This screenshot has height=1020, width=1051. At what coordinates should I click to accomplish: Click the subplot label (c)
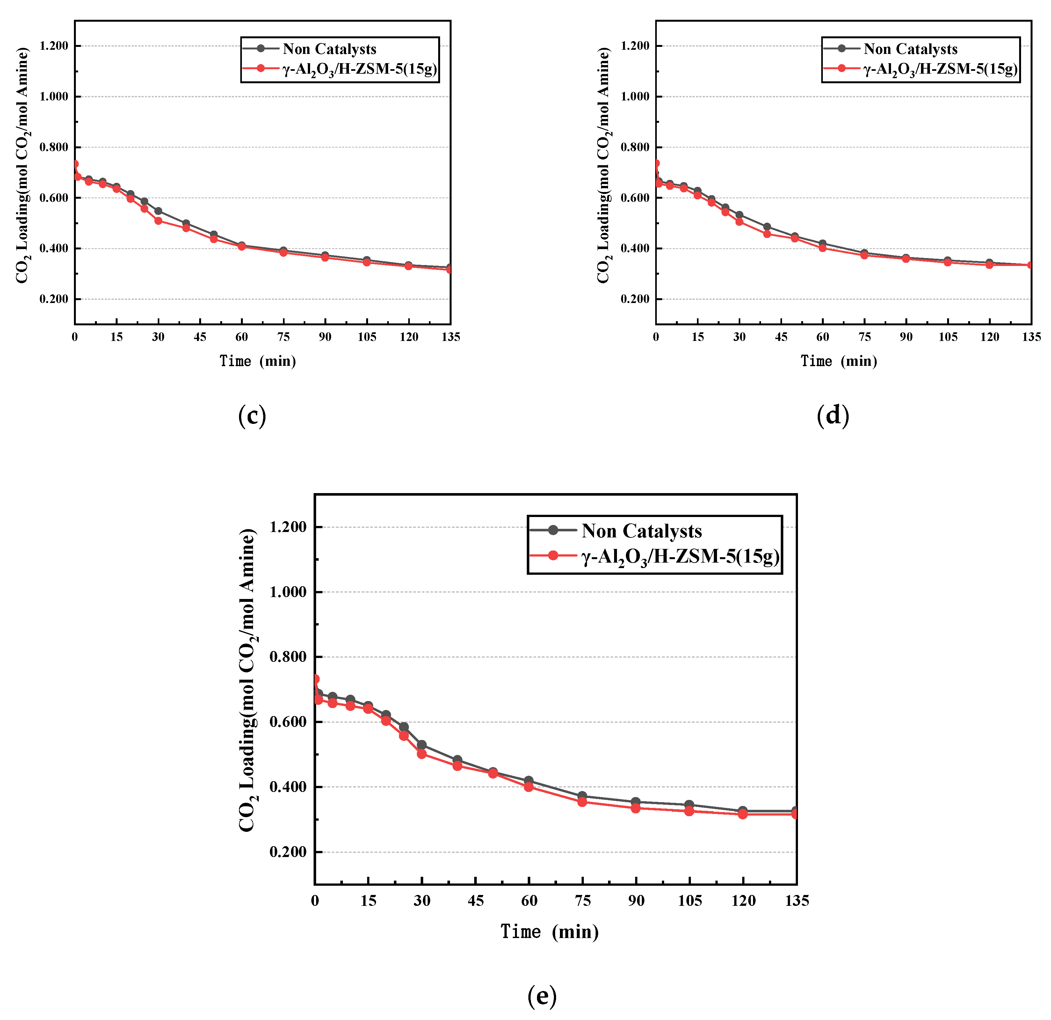tap(252, 416)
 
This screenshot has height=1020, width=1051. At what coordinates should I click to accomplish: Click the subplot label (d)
tap(833, 416)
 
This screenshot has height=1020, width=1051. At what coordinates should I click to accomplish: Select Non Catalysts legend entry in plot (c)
tap(329, 49)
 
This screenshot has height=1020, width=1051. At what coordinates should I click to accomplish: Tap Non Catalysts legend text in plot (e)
tap(641, 531)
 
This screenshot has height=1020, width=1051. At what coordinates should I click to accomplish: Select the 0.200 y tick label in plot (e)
tap(288, 852)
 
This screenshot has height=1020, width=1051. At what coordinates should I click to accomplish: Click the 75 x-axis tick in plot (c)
tap(283, 337)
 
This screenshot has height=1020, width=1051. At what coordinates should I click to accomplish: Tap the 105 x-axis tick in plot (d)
tap(947, 337)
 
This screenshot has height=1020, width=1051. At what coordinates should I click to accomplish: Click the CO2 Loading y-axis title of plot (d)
tap(604, 165)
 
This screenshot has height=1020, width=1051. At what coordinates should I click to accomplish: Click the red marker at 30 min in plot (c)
tap(158, 220)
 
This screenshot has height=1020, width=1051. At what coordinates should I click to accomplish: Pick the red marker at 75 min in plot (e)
tap(582, 802)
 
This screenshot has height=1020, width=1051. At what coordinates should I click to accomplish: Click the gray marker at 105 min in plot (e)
tap(689, 805)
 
